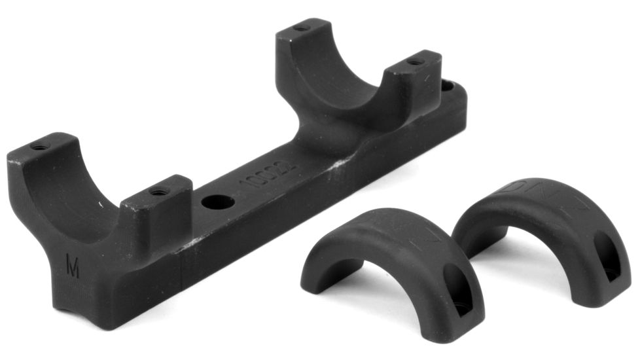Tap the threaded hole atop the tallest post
coord(301,29)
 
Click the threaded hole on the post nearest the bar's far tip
coord(414,62)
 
